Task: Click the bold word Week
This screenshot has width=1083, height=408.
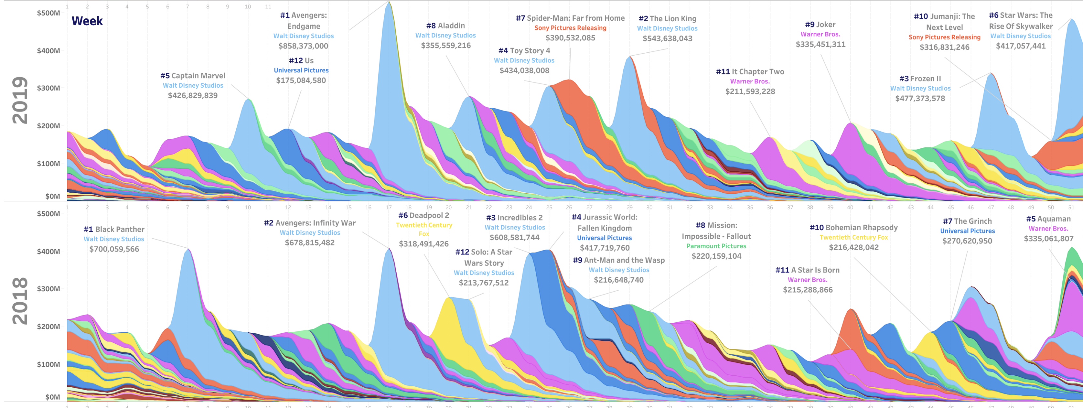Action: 87,21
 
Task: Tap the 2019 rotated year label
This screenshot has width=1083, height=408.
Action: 20,100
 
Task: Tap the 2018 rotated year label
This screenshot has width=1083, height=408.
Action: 20,301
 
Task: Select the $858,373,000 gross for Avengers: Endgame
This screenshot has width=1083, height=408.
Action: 303,46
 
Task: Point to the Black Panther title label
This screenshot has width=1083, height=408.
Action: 114,229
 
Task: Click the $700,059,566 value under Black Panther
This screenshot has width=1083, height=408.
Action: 114,249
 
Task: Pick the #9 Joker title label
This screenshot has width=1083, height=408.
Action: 820,24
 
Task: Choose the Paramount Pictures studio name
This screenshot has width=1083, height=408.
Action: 716,246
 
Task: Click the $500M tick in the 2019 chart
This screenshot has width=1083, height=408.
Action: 48,13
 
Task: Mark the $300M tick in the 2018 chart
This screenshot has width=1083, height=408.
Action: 48,289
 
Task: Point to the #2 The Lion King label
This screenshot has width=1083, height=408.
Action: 667,18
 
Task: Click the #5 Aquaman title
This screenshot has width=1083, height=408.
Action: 1048,219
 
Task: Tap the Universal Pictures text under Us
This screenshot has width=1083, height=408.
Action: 301,70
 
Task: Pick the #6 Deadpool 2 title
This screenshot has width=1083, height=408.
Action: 424,215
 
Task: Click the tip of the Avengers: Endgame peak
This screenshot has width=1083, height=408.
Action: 389,2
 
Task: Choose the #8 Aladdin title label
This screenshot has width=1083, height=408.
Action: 445,26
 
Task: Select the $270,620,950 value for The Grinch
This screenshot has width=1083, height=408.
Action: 967,241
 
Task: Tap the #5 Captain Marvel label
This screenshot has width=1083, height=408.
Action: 193,76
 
